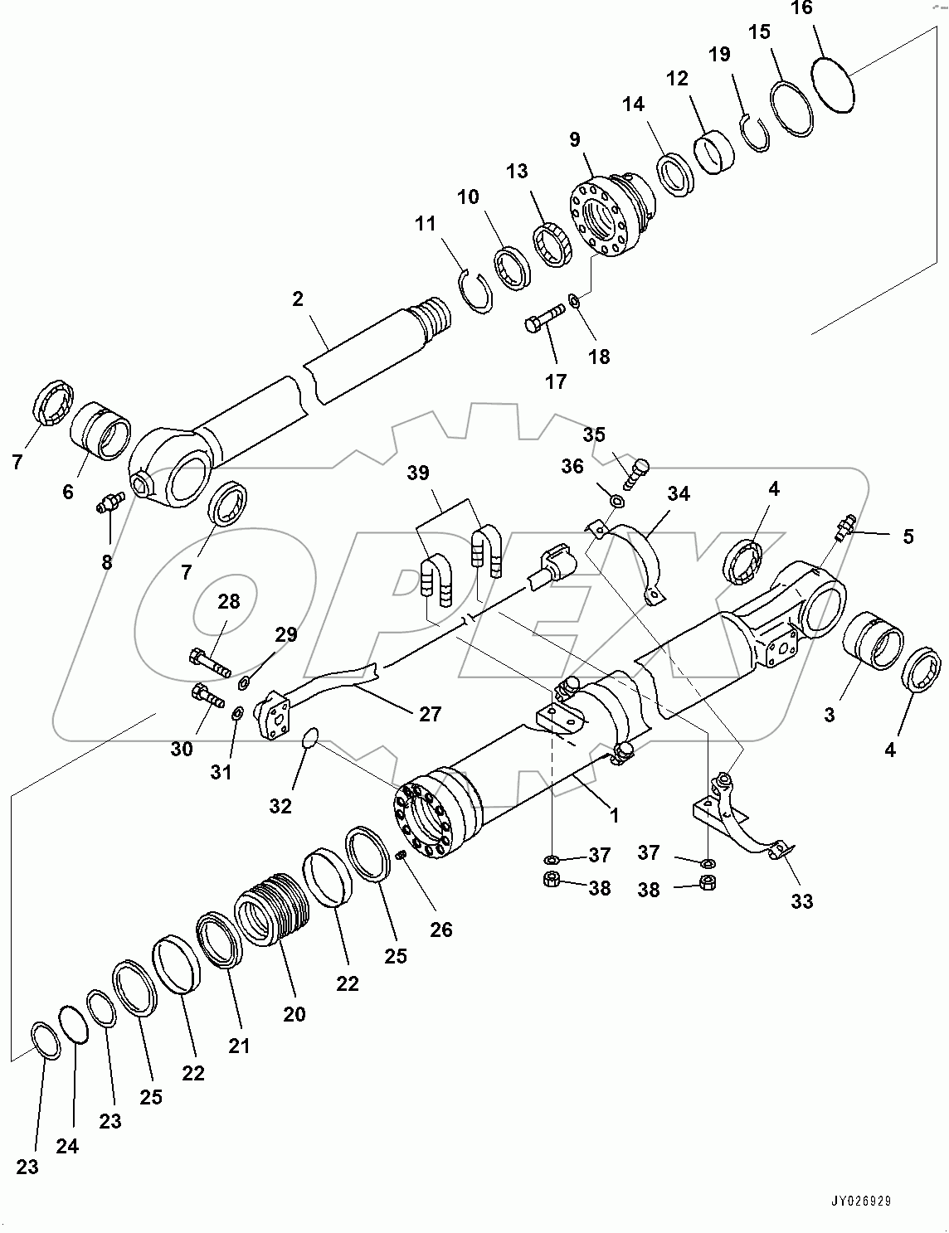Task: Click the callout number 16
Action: coord(801,9)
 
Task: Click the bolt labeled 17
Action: coord(544,318)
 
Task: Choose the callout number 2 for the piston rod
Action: coord(298,299)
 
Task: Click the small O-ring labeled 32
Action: coord(309,738)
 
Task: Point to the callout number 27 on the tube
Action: coord(430,712)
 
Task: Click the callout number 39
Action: coord(419,473)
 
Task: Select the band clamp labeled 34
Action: coord(630,556)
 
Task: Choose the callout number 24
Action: coord(67,1146)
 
